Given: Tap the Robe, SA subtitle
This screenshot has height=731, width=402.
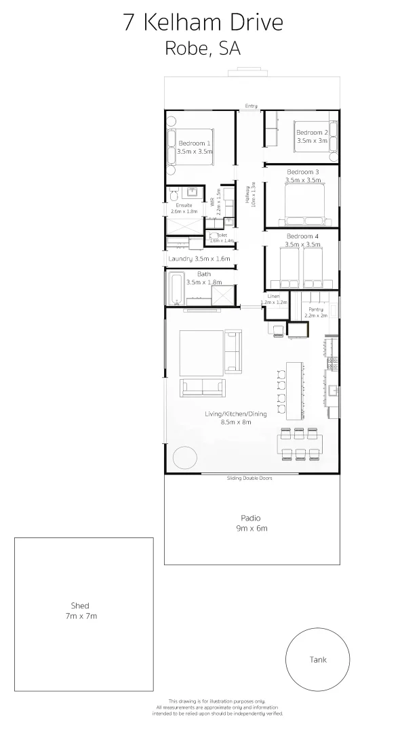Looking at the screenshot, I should point(203,49).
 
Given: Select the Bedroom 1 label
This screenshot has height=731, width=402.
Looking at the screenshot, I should point(194,143).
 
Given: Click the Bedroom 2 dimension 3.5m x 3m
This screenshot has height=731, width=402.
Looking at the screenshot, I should point(312,141).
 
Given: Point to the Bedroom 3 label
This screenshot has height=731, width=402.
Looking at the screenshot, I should point(302,172).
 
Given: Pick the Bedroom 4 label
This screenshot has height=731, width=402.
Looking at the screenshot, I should point(302,236).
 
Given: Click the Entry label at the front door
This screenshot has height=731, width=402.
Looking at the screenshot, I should point(252,106).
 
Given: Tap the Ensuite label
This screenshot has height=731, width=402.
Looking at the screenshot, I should point(184,205).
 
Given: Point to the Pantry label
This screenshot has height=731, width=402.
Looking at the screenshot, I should point(316,309).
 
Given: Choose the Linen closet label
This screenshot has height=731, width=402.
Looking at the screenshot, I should point(273,296).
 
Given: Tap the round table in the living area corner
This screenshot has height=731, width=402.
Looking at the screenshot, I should point(184,458).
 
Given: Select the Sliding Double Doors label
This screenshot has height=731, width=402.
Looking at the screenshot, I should point(249,479).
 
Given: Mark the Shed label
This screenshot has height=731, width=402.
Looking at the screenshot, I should point(80,606).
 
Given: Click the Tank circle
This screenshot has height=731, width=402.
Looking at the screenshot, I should point(318,659).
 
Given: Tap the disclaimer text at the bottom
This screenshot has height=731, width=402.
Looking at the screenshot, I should point(226,707).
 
